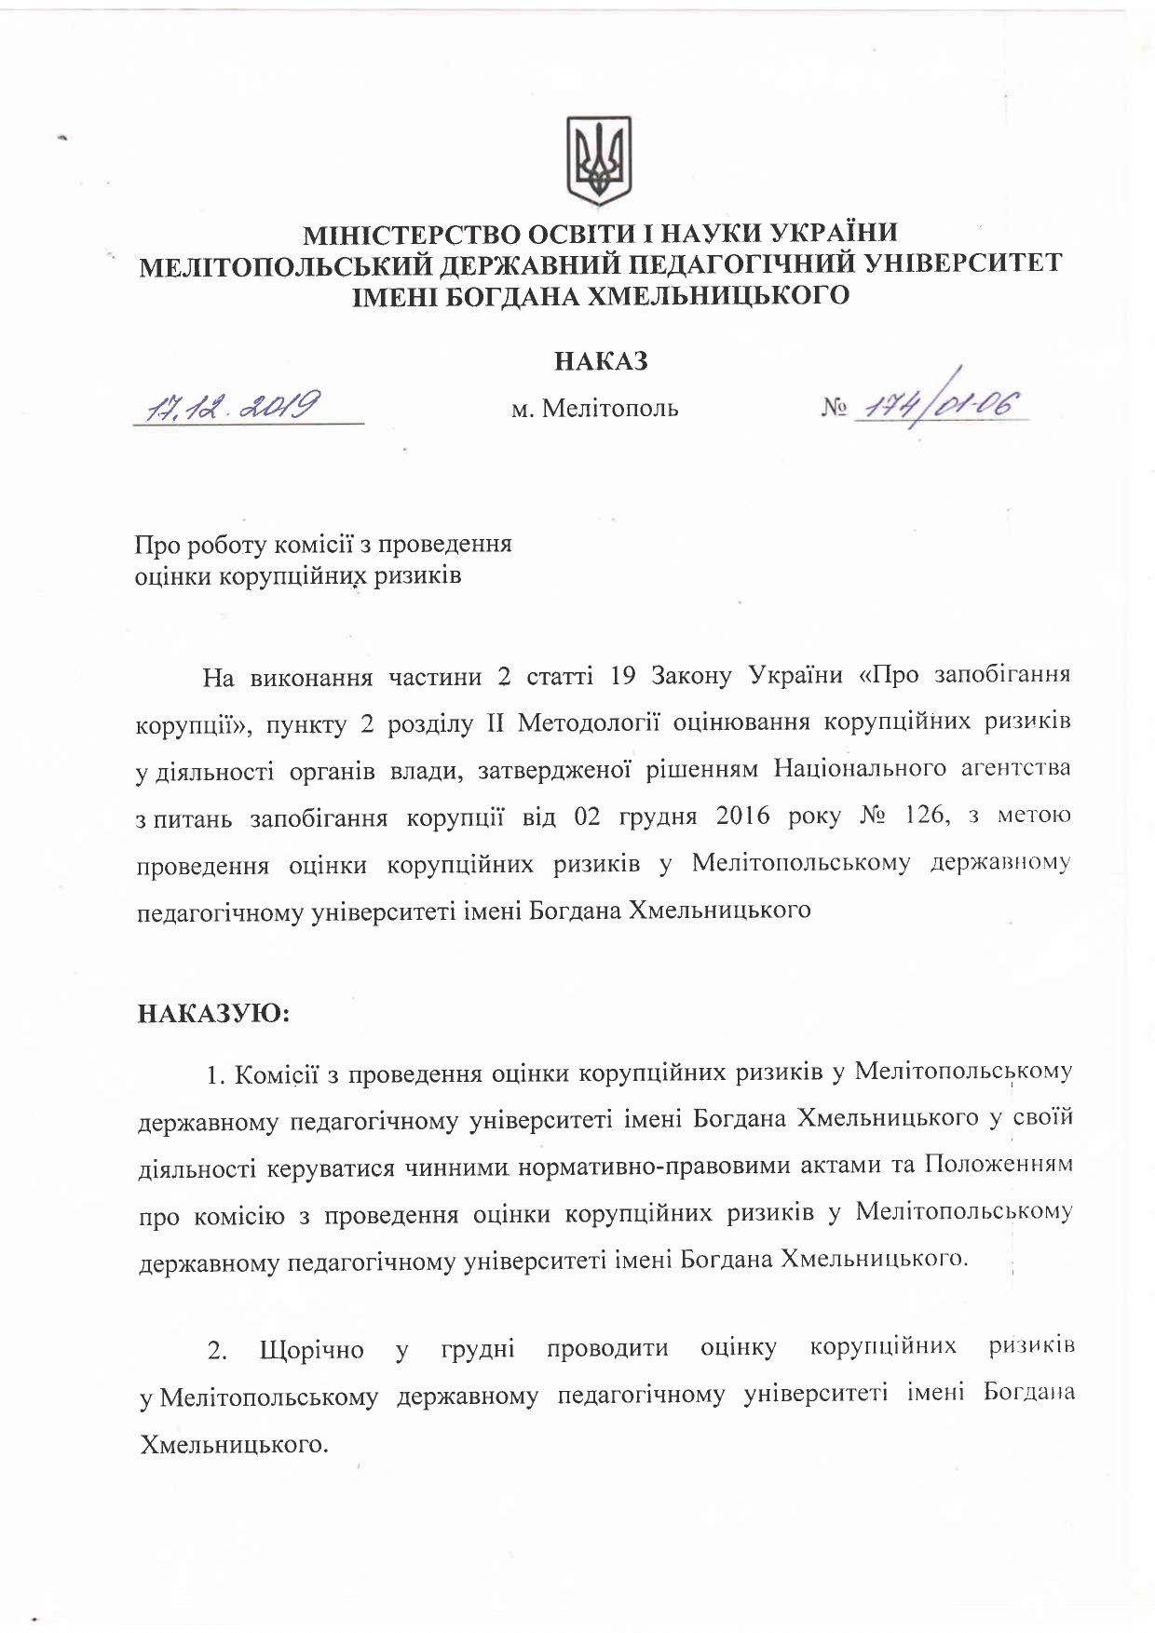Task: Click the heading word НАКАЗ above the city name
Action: pyautogui.click(x=601, y=361)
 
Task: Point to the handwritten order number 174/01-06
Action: pyautogui.click(x=941, y=406)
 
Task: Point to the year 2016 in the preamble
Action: pyautogui.click(x=743, y=816)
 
